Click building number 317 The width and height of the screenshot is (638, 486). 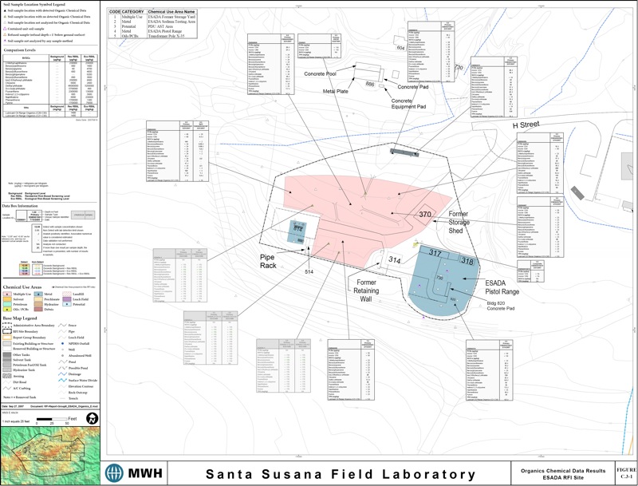pyautogui.click(x=435, y=253)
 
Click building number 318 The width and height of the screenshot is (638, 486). pyautogui.click(x=467, y=263)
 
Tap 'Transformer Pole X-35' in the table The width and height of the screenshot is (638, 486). pyautogui.click(x=175, y=36)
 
